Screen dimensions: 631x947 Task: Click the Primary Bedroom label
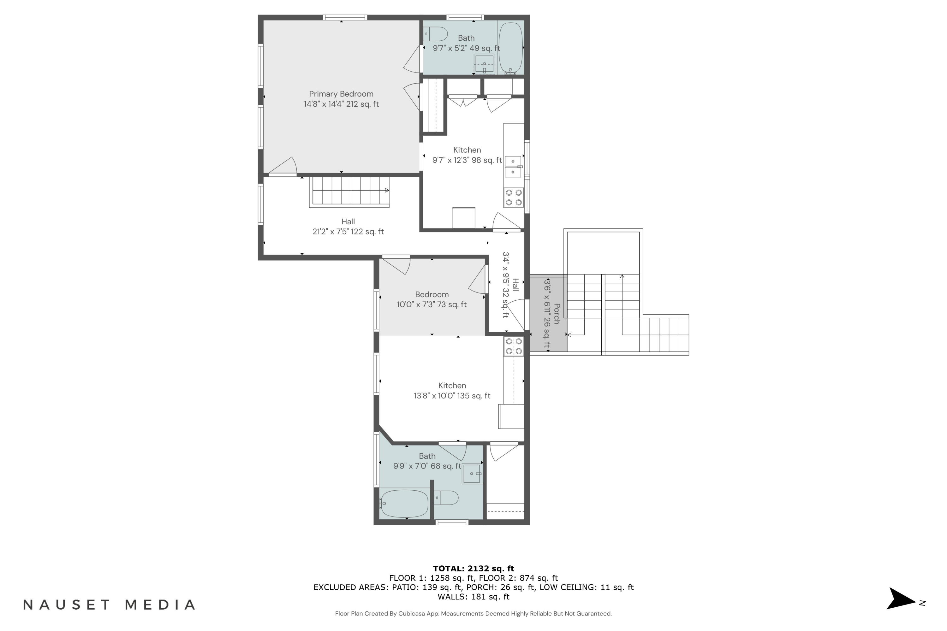pos(341,94)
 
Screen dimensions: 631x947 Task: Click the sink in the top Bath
pos(484,64)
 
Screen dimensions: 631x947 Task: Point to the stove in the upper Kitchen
pos(513,198)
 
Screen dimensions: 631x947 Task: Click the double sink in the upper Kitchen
pos(513,167)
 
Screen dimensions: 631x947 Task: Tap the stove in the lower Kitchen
pos(513,346)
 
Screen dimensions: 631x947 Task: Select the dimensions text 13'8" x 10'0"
pos(452,396)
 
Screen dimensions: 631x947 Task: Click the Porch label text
pos(557,314)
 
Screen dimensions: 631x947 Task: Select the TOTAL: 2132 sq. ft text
pos(473,569)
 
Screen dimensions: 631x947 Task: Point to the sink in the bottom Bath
pos(472,474)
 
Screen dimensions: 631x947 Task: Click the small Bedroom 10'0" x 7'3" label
pos(432,299)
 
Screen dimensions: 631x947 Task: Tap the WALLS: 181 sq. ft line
pos(473,597)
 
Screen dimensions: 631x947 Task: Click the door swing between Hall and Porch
pos(516,315)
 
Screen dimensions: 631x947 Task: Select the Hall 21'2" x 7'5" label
pos(348,227)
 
